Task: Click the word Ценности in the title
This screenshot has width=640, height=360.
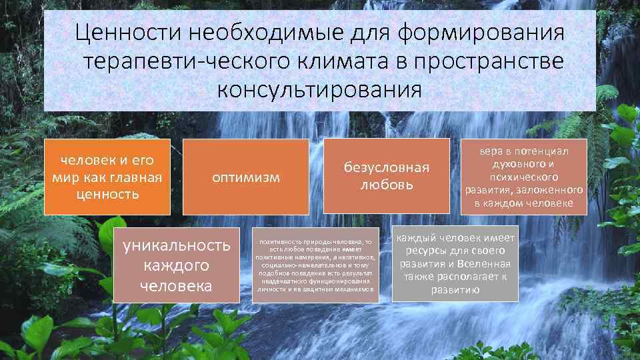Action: click(x=125, y=32)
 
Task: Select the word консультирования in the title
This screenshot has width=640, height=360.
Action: click(x=319, y=89)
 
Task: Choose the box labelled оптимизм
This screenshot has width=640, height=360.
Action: click(x=246, y=177)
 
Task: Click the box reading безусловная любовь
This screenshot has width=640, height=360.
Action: click(x=386, y=176)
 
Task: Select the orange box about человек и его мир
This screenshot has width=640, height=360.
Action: click(x=107, y=177)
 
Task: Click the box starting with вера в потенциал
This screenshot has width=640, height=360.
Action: click(x=523, y=177)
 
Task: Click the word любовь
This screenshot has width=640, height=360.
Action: click(x=386, y=185)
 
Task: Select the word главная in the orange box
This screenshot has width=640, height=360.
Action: click(x=137, y=177)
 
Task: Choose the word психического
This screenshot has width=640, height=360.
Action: click(x=523, y=177)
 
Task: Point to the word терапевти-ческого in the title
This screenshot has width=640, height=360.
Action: click(x=177, y=61)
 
